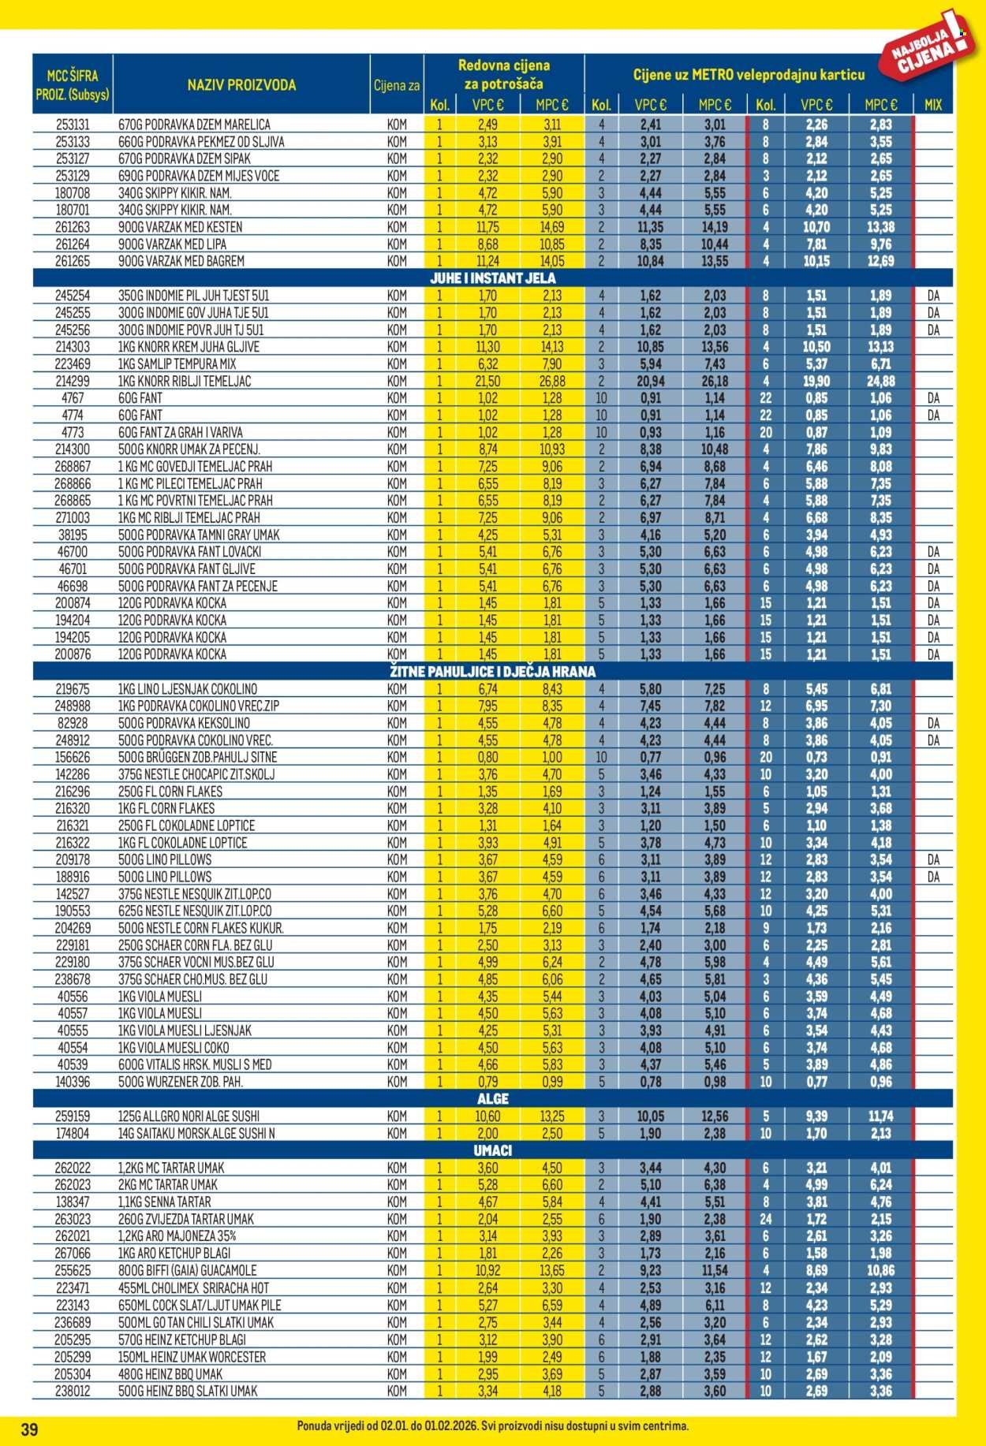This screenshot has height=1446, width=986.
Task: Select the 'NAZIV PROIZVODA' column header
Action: click(x=241, y=85)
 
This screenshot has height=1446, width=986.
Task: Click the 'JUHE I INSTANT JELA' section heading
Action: click(x=492, y=278)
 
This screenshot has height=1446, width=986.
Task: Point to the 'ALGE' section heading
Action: click(x=492, y=1099)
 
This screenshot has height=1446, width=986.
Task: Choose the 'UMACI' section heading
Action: click(x=492, y=1150)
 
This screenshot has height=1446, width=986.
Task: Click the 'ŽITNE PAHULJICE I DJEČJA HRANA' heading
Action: click(x=492, y=672)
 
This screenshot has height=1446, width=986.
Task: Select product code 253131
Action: click(x=73, y=125)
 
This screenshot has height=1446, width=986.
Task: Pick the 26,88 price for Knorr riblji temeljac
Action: click(x=552, y=381)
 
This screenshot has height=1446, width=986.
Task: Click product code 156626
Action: click(x=73, y=757)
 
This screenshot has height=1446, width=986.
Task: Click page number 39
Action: click(x=29, y=1429)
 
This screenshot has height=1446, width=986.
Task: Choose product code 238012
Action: click(x=73, y=1391)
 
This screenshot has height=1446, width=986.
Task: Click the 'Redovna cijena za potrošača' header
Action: click(x=503, y=74)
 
